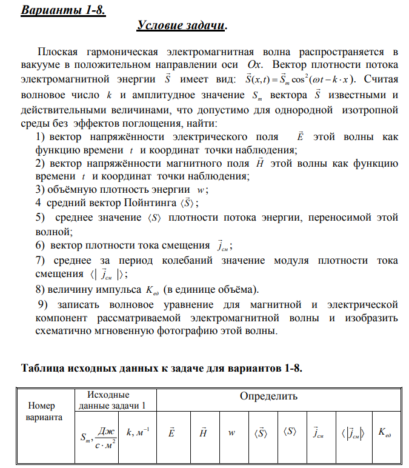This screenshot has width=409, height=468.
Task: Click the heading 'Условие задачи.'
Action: (182, 25)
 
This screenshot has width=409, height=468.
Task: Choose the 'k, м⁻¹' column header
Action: (138, 432)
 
